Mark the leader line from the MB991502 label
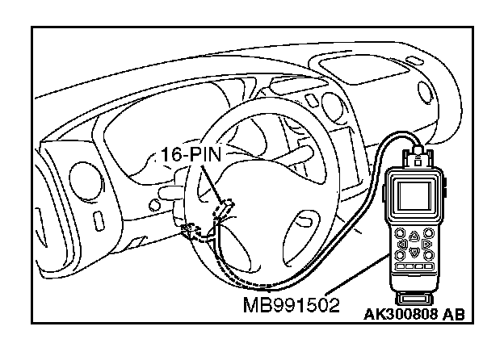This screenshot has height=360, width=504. coord(355,278)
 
